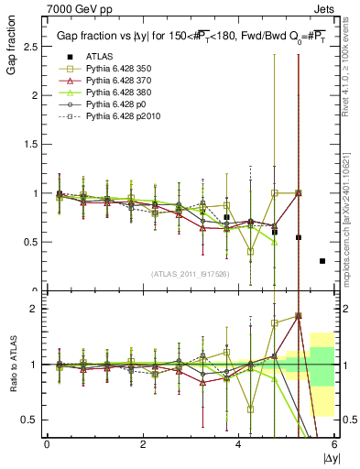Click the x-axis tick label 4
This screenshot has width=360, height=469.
click(x=238, y=444)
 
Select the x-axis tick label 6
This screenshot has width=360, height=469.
click(x=334, y=444)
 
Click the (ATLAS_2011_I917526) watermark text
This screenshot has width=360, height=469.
click(x=190, y=274)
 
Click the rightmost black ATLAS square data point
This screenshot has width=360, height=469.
click(x=322, y=261)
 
